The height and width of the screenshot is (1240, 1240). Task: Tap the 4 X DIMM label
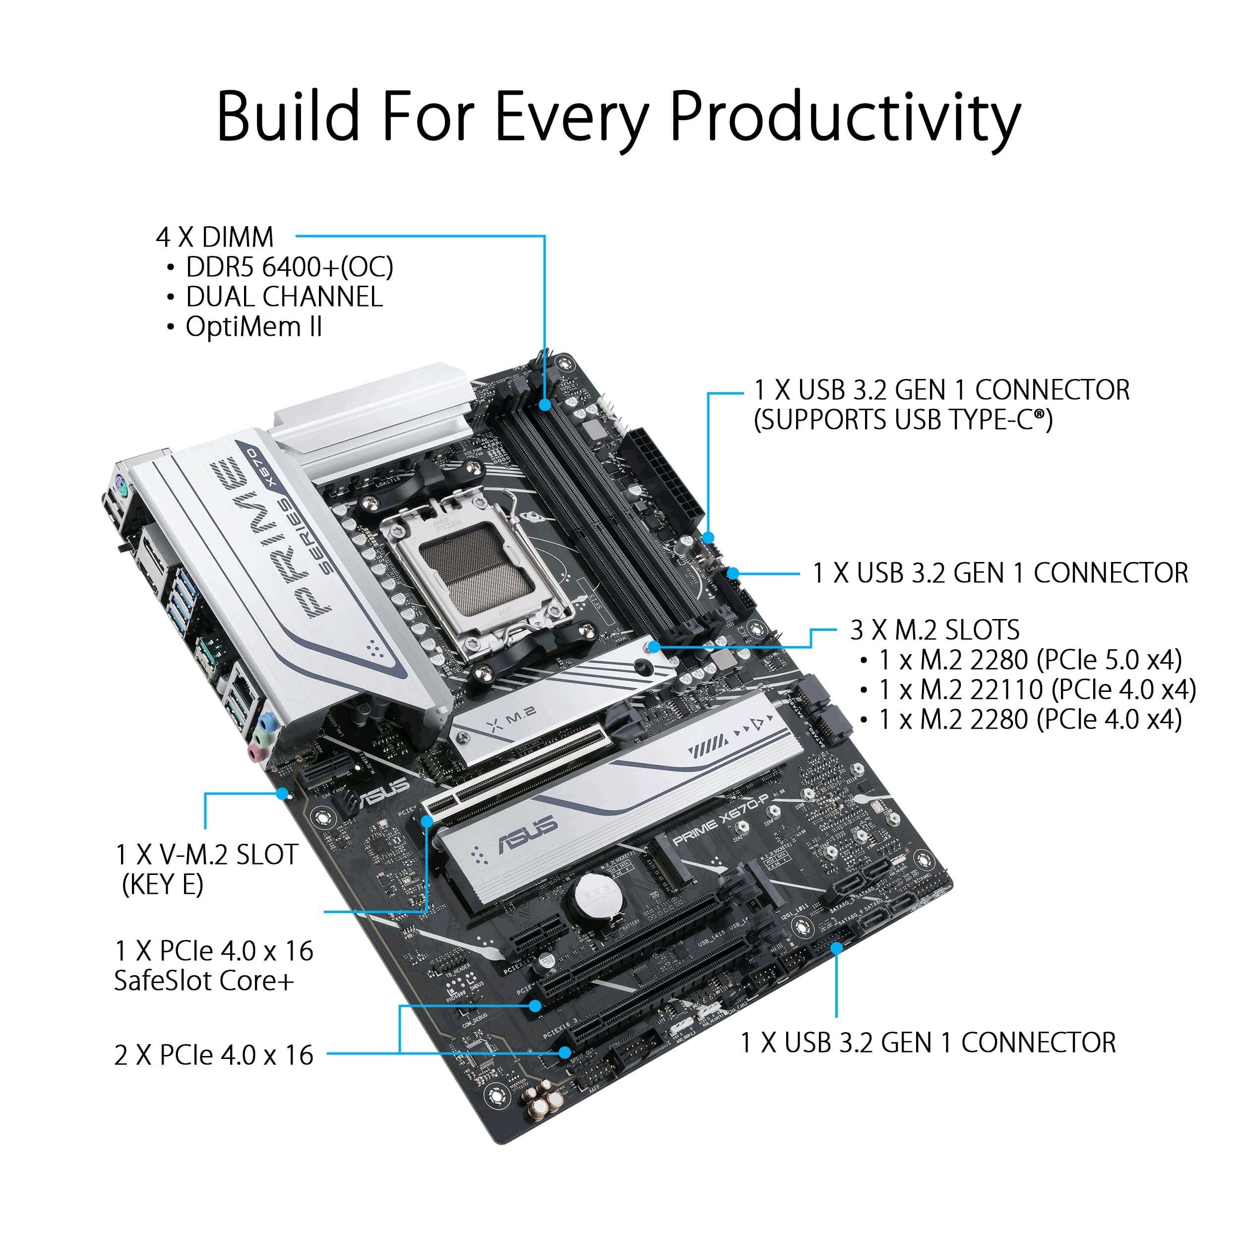(x=214, y=237)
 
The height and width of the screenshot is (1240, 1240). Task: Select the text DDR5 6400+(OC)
(x=289, y=267)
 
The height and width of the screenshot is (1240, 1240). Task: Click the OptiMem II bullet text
(x=253, y=327)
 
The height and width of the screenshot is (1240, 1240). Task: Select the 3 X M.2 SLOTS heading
(x=934, y=630)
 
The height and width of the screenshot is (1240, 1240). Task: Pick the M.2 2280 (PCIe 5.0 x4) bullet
(x=1030, y=660)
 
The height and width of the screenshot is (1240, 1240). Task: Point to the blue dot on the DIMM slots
(x=545, y=405)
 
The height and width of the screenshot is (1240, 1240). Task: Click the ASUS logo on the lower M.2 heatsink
(x=528, y=836)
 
